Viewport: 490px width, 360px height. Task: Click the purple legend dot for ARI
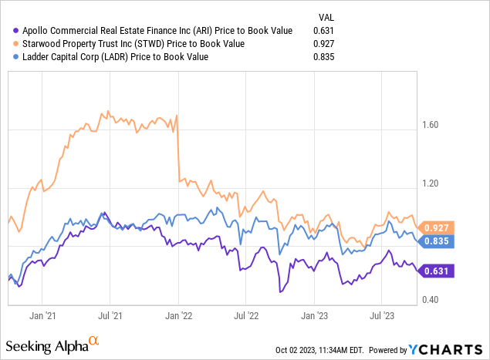coord(15,31)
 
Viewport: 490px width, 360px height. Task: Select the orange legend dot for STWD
coord(15,44)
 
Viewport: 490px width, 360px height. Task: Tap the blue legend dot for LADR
coord(15,57)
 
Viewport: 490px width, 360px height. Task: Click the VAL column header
coord(326,18)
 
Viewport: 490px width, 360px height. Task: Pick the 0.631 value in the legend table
coord(324,31)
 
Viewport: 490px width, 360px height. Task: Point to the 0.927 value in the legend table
coord(324,44)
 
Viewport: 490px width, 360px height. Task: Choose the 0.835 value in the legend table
coord(324,57)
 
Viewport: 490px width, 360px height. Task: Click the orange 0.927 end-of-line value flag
coord(436,227)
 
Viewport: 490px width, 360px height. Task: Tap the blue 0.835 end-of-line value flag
coord(436,241)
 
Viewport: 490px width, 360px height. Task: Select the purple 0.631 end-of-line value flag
coord(436,271)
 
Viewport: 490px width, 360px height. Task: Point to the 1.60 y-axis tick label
coord(431,125)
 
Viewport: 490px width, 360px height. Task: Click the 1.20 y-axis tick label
coord(431,183)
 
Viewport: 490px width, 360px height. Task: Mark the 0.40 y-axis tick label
coord(431,300)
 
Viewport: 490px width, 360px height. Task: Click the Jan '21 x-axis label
coord(42,315)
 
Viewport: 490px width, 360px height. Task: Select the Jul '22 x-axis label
coord(246,315)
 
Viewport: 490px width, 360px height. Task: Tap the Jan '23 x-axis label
coord(314,315)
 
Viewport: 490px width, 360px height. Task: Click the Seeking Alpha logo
coord(52,345)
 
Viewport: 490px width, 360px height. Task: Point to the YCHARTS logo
coord(445,350)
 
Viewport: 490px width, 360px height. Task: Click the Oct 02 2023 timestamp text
coord(319,350)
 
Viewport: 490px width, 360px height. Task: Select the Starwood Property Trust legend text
coord(133,44)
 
